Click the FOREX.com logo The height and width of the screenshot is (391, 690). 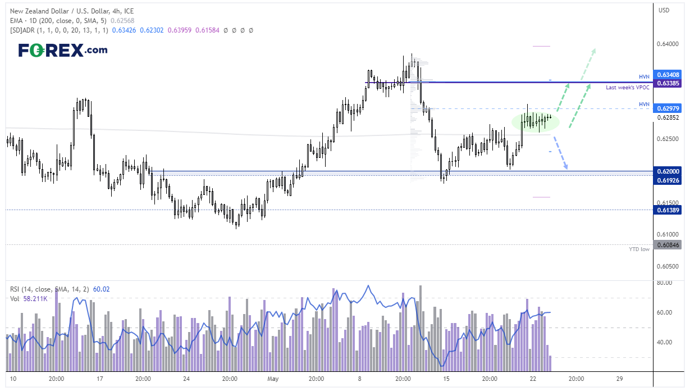tap(63, 50)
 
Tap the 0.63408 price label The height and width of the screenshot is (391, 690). tap(667, 75)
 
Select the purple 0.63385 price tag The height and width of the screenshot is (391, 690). tap(667, 83)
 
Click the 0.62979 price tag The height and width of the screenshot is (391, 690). tap(667, 108)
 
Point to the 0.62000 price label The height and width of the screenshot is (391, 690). tap(667, 171)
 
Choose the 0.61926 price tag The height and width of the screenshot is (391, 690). tap(667, 180)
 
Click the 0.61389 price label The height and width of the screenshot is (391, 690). tap(667, 210)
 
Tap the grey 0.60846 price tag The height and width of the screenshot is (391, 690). tap(667, 245)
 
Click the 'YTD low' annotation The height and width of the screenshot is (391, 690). tap(639, 249)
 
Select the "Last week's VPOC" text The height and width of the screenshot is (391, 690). tap(628, 88)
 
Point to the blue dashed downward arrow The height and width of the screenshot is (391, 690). tap(561, 153)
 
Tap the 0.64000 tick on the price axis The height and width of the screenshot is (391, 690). tap(668, 44)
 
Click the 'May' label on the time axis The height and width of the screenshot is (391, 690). tap(273, 379)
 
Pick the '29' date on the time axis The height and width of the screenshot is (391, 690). tap(619, 379)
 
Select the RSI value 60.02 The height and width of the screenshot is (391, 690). tap(102, 289)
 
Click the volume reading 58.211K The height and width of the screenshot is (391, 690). tap(35, 298)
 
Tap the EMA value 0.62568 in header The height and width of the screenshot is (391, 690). tap(122, 21)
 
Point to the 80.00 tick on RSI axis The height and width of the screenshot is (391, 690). tap(664, 283)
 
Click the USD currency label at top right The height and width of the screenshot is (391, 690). tap(664, 10)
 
